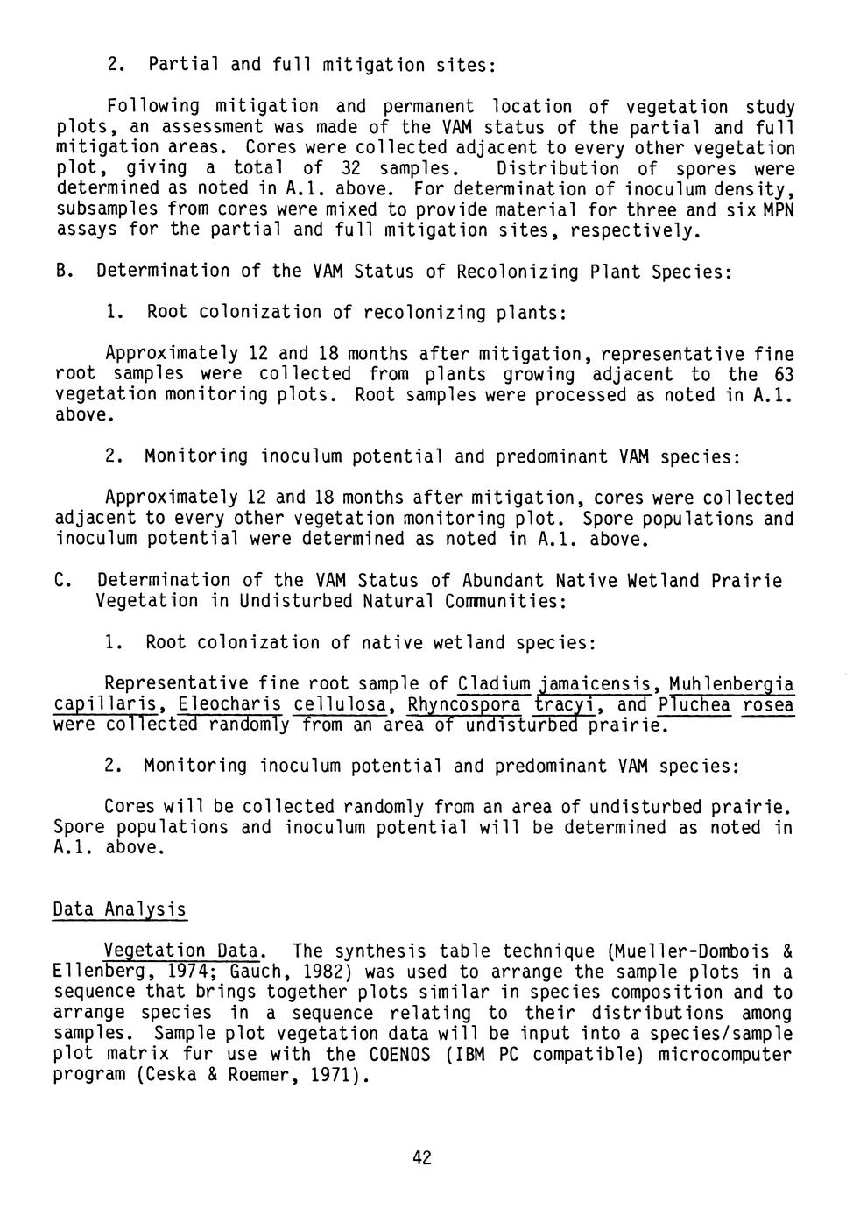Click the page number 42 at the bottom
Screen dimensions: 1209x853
(x=422, y=1158)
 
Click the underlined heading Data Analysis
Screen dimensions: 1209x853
(x=120, y=909)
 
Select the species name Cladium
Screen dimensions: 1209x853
(x=495, y=683)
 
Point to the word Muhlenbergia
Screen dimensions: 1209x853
(x=731, y=683)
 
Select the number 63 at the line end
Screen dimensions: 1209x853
(x=782, y=374)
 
